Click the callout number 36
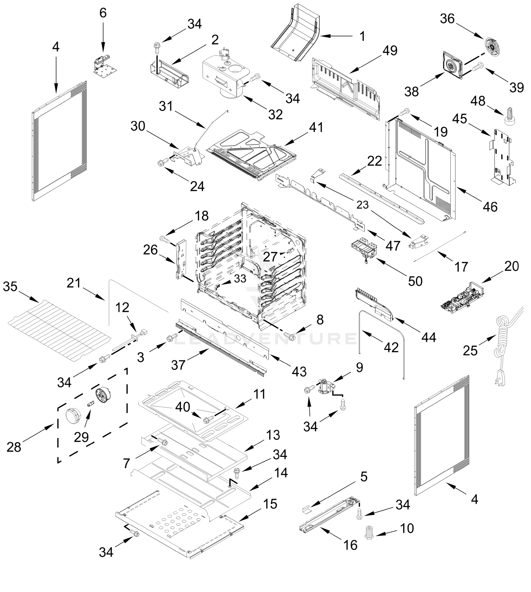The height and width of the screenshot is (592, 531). coord(447,19)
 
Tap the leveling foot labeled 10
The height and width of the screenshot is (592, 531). coord(369,533)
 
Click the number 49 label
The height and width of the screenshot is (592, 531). coord(390,51)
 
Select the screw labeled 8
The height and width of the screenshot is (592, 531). coord(289,336)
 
